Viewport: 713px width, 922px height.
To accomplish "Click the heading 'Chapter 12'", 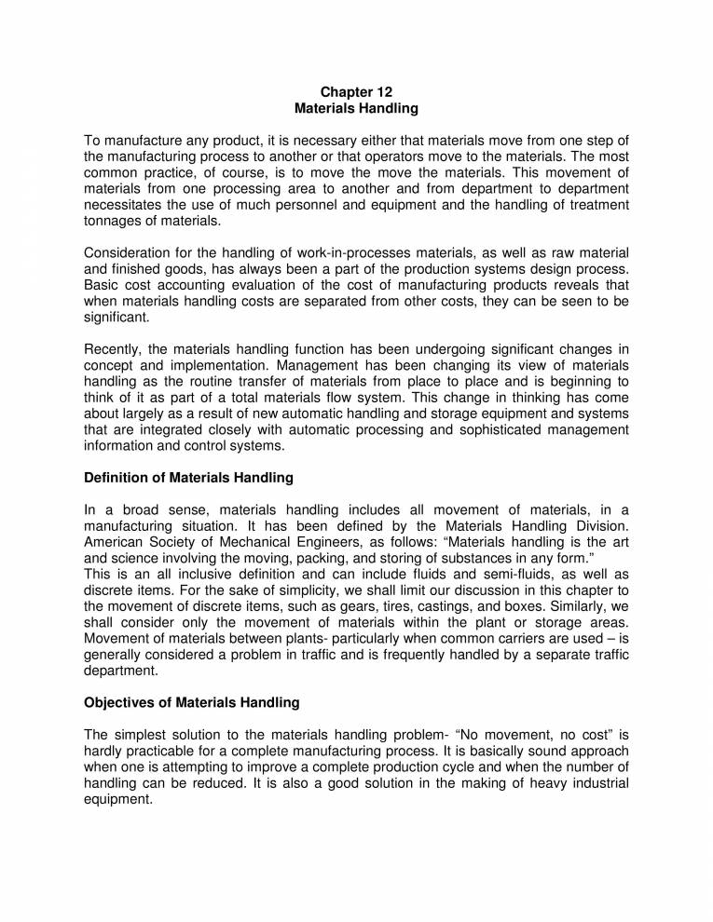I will pyautogui.click(x=356, y=91).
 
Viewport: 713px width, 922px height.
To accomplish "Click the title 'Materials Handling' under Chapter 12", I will pyautogui.click(x=356, y=108).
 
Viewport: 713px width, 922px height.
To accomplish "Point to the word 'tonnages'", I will pyautogui.click(x=114, y=223).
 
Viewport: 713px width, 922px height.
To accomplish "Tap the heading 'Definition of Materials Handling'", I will pyautogui.click(x=188, y=478).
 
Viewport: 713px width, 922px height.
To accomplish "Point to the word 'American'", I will pyautogui.click(x=116, y=542).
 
